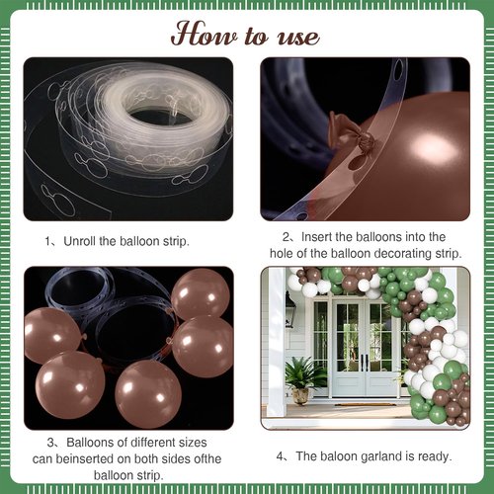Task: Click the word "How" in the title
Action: click(205, 34)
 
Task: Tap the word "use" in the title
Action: click(298, 37)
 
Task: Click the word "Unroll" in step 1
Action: click(80, 241)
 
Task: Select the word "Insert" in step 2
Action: click(316, 237)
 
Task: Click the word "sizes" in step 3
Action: click(193, 443)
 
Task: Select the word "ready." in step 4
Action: click(435, 456)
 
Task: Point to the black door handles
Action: click(364, 362)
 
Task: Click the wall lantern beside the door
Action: click(289, 309)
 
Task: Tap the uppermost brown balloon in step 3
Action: click(201, 292)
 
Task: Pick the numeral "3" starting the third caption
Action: click(50, 443)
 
